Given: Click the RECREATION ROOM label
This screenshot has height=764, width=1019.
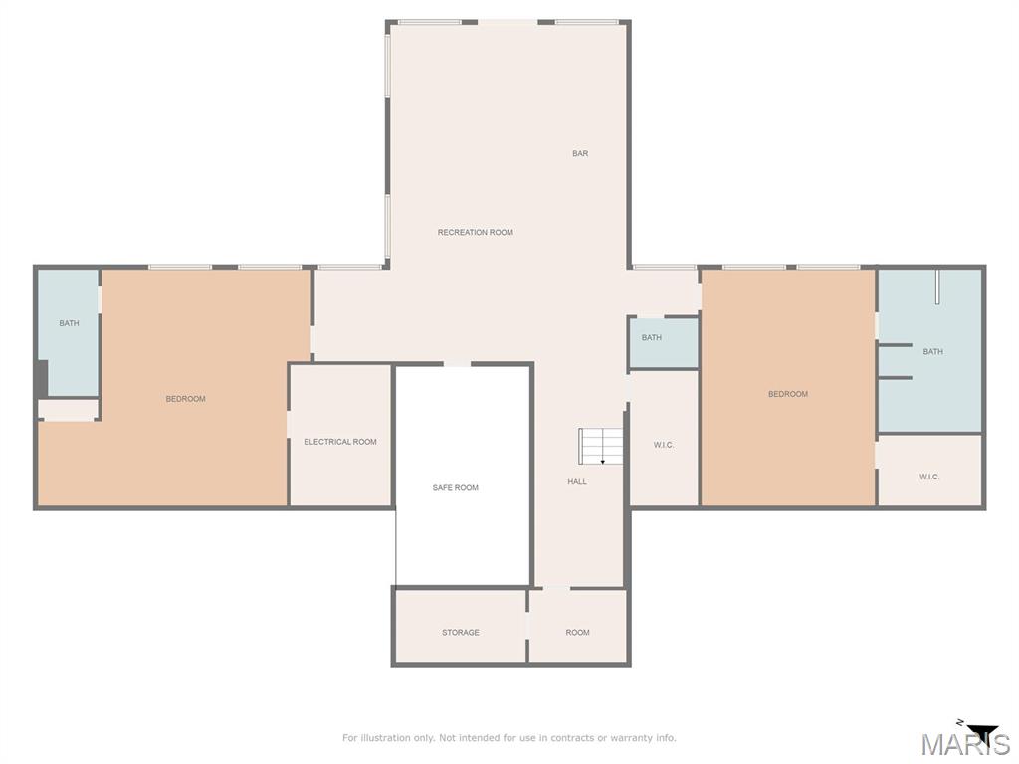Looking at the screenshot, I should coord(475,233).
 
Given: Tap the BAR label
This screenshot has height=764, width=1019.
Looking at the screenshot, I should coord(580,154).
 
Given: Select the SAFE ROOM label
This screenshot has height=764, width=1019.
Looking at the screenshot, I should coord(455,488).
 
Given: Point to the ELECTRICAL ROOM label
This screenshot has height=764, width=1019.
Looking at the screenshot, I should coord(340,442).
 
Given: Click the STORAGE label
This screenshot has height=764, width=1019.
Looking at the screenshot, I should coord(461,633).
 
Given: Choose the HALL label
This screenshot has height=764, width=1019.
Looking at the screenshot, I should coord(577,482).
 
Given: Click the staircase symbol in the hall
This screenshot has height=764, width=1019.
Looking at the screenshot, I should coord(601,446).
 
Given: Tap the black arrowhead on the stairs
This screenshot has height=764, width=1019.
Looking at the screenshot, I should coord(603,462).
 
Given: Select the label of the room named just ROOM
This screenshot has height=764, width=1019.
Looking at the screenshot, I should coord(577,633).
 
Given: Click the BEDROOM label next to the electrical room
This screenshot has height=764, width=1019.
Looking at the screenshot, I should coord(185,399).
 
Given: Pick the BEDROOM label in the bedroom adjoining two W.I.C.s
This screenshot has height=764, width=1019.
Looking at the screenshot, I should coord(788,394).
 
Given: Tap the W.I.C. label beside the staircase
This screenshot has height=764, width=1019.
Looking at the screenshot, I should coord(664,445).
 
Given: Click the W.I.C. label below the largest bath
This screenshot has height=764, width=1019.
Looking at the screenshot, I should coord(929,477).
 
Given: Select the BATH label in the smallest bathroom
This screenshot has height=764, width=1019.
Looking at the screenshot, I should coord(652,338).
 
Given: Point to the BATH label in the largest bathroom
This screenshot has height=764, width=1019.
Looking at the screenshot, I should coord(932,352).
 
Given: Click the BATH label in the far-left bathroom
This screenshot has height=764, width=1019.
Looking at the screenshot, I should coord(69,323).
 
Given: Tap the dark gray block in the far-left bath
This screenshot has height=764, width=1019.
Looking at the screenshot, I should coord(41,378).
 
